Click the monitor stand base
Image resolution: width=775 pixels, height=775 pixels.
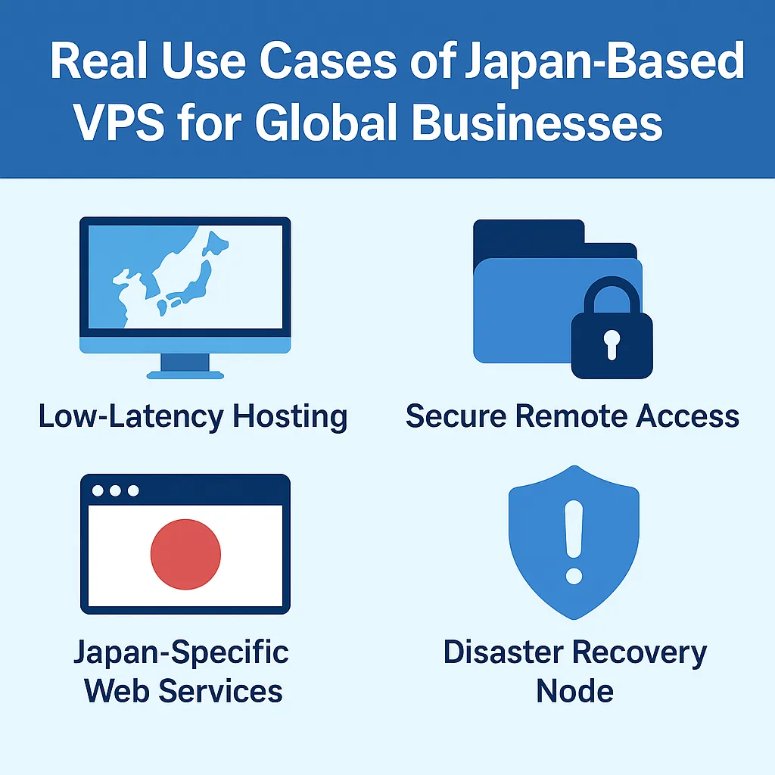[185, 373]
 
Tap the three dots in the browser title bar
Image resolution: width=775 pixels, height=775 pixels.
[115, 490]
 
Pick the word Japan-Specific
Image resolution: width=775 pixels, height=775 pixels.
[182, 652]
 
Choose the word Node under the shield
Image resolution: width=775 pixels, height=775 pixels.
[574, 690]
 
